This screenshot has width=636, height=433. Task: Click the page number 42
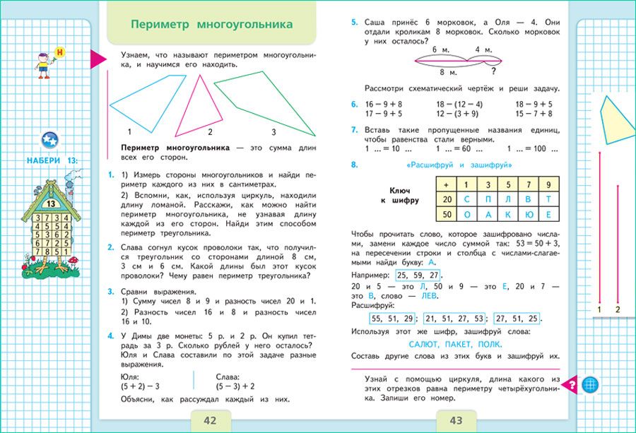(x=210, y=421)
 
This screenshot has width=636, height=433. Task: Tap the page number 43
(x=456, y=421)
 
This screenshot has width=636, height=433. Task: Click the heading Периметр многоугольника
(x=212, y=25)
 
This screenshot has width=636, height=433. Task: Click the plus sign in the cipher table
(x=445, y=184)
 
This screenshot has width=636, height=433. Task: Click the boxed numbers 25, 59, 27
(x=419, y=275)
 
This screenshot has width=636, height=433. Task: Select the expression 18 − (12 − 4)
(x=459, y=104)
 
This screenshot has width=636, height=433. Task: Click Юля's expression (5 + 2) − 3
(x=140, y=386)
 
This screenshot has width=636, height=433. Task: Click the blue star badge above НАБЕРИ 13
(x=49, y=140)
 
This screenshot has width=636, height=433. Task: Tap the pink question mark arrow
(x=570, y=385)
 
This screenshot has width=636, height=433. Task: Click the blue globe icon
(x=590, y=385)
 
